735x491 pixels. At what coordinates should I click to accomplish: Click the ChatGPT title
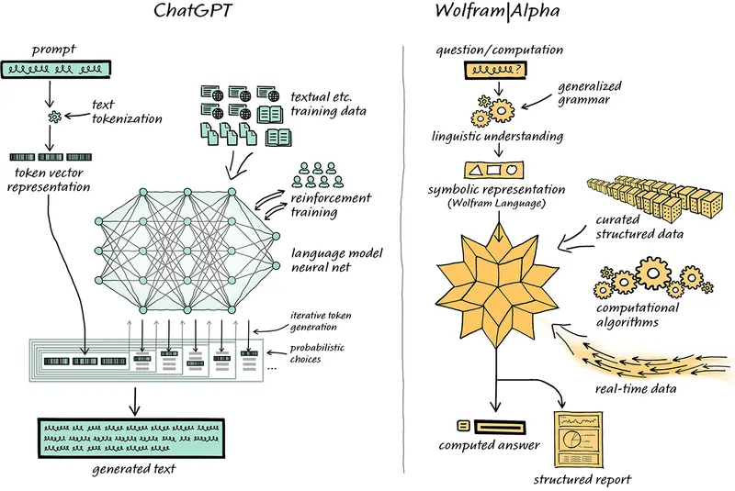(x=192, y=10)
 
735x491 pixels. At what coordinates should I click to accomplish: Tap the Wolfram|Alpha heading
(x=497, y=10)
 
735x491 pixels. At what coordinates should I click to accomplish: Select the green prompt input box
(x=56, y=69)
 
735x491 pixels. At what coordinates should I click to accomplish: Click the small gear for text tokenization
(x=55, y=117)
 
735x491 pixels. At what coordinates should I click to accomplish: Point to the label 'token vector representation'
(x=49, y=180)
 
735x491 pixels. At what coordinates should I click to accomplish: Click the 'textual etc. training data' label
(x=328, y=104)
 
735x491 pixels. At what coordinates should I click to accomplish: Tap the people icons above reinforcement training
(x=318, y=174)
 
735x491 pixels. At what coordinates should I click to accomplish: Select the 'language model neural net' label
(x=336, y=260)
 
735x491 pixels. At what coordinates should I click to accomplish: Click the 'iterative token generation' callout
(x=321, y=321)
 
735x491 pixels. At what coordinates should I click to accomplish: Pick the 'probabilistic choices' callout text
(x=317, y=353)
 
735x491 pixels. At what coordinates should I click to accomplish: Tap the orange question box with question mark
(x=495, y=70)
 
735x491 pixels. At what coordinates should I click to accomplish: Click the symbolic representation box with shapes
(x=493, y=170)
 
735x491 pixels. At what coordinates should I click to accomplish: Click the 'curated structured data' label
(x=639, y=227)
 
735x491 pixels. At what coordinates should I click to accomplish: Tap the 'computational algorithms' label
(x=638, y=315)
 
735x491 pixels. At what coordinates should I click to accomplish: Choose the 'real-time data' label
(x=636, y=388)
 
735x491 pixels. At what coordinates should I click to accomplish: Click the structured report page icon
(x=578, y=439)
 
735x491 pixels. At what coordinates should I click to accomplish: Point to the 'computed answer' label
(x=490, y=445)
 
